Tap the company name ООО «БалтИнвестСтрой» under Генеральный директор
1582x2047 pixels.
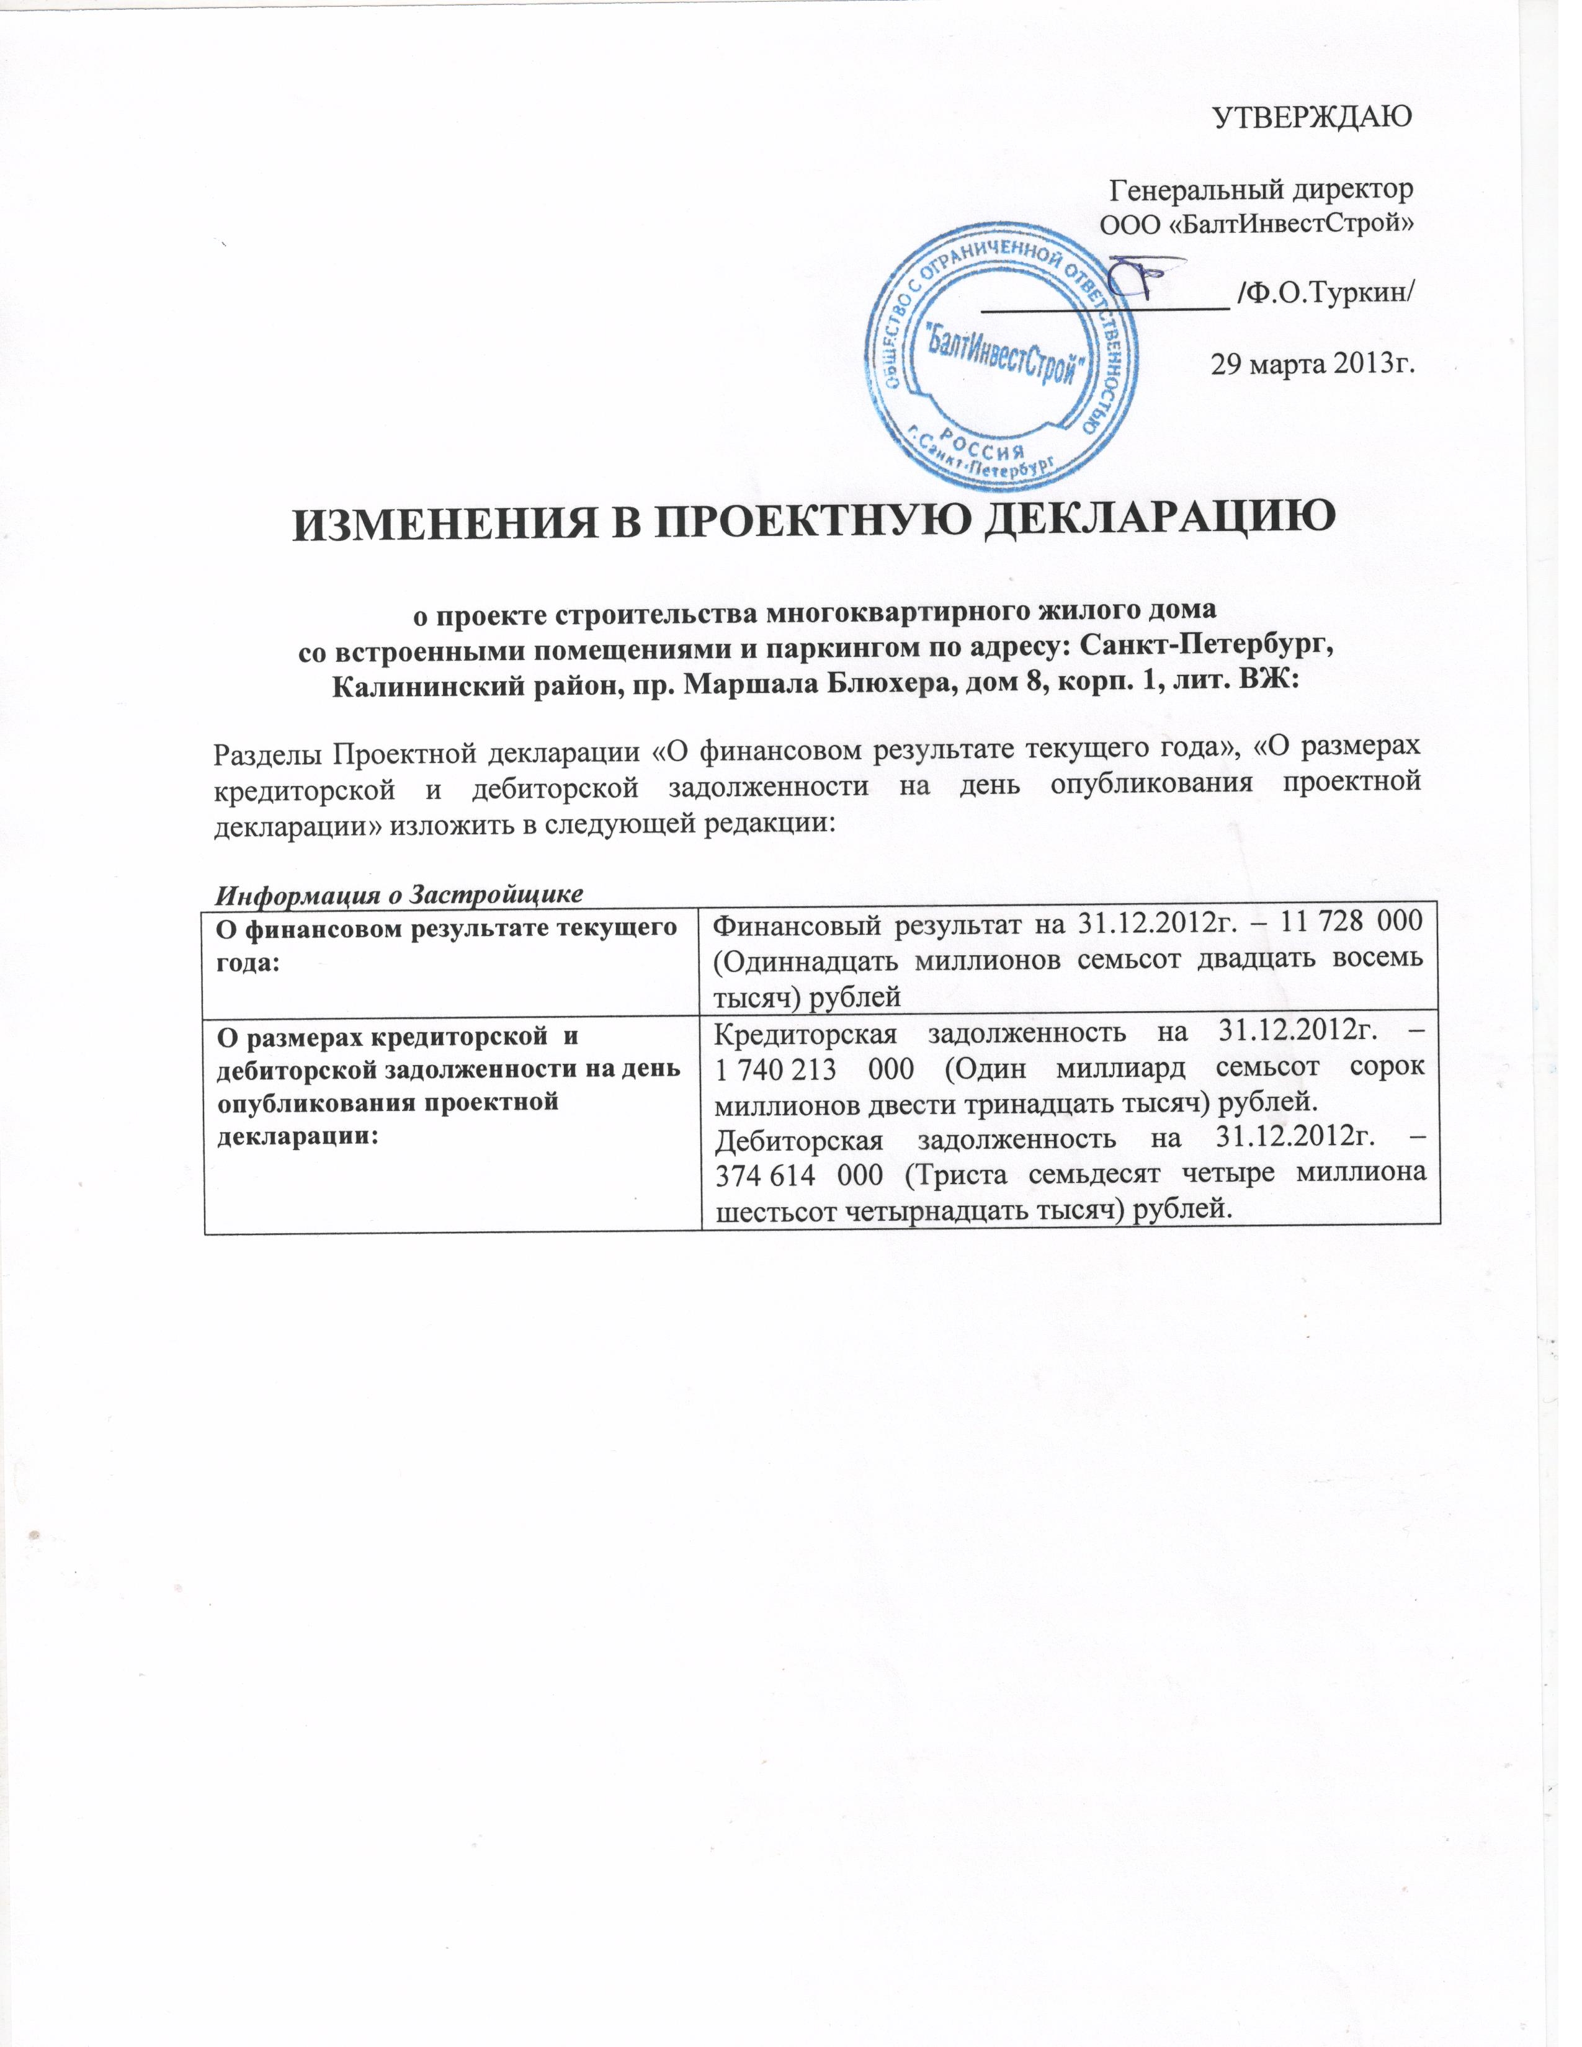tap(1256, 225)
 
